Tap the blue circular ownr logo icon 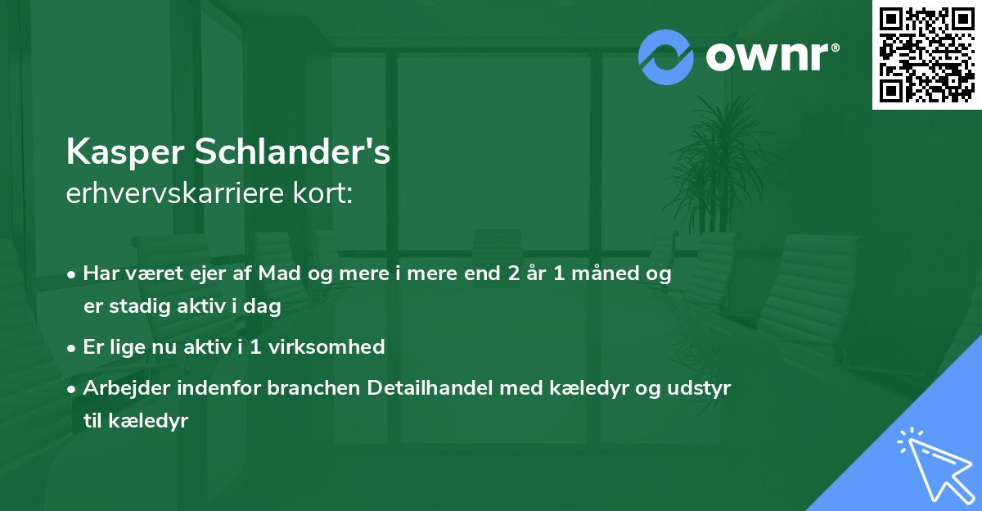[x=666, y=57]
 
